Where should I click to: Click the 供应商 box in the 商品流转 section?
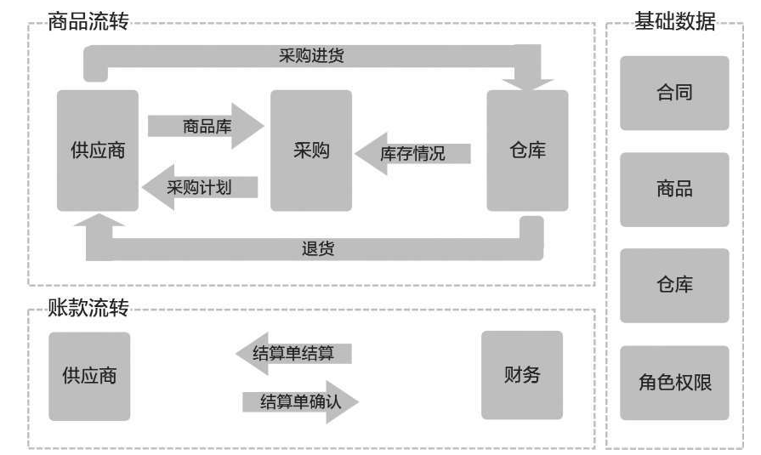(98, 151)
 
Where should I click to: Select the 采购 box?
(310, 151)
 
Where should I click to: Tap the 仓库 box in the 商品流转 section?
(527, 151)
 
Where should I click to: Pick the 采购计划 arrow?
(199, 186)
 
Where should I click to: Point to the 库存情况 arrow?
(412, 153)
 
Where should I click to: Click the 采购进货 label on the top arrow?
(311, 55)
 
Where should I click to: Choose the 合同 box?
(674, 93)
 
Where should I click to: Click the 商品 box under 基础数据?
(674, 189)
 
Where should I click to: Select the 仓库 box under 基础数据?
(674, 285)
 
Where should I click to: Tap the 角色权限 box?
(674, 382)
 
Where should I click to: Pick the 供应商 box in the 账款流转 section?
(89, 375)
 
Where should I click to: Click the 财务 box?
(522, 374)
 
